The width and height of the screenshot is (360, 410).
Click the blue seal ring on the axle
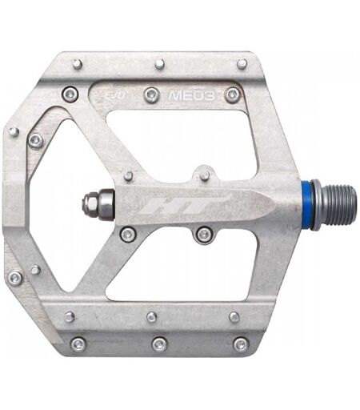pos(307,205)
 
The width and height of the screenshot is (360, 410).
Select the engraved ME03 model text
pos(191,95)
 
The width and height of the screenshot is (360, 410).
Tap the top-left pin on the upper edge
pos(78,64)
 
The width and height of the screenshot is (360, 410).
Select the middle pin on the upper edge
pos(160,64)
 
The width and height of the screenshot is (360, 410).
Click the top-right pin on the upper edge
pos(242,64)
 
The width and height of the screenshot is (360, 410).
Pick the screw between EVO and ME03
pos(152,94)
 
